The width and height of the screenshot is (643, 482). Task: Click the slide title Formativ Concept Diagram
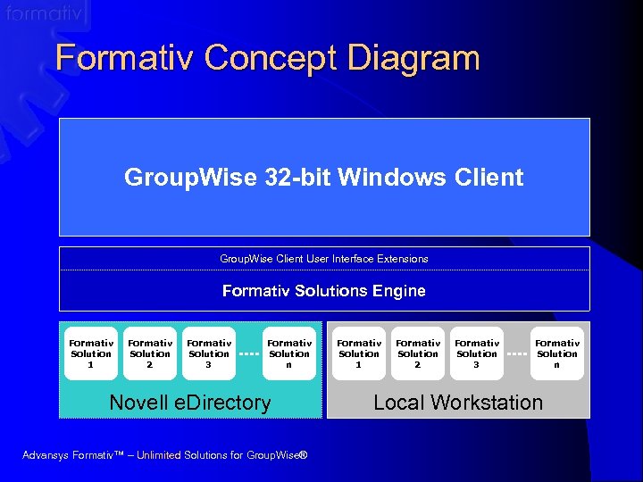[x=267, y=59]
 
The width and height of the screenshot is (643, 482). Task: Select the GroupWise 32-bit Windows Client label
[x=323, y=177]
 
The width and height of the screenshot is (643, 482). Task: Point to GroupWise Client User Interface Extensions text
[x=323, y=259]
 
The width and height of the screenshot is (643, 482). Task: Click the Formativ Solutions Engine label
[x=323, y=291]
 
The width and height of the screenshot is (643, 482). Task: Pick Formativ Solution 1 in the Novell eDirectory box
[x=91, y=353]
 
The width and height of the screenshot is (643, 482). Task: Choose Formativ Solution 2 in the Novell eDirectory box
[x=150, y=353]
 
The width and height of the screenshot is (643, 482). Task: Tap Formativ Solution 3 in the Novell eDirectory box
[x=209, y=353]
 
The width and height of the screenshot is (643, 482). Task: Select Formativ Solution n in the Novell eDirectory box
[x=289, y=353]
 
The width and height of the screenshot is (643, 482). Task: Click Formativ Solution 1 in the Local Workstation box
[x=359, y=353]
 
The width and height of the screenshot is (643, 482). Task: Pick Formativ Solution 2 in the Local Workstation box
[x=418, y=353]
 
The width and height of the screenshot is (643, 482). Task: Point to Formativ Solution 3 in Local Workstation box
[x=477, y=353]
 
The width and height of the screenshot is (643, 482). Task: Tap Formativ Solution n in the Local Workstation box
[x=557, y=353]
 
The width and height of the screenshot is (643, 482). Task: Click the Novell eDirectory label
[x=189, y=403]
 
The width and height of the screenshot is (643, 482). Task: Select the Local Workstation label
[x=457, y=403]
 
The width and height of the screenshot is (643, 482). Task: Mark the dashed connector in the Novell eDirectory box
[x=249, y=353]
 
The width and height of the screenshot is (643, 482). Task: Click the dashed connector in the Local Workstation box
[x=517, y=353]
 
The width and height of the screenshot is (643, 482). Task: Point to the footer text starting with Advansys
[x=164, y=456]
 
